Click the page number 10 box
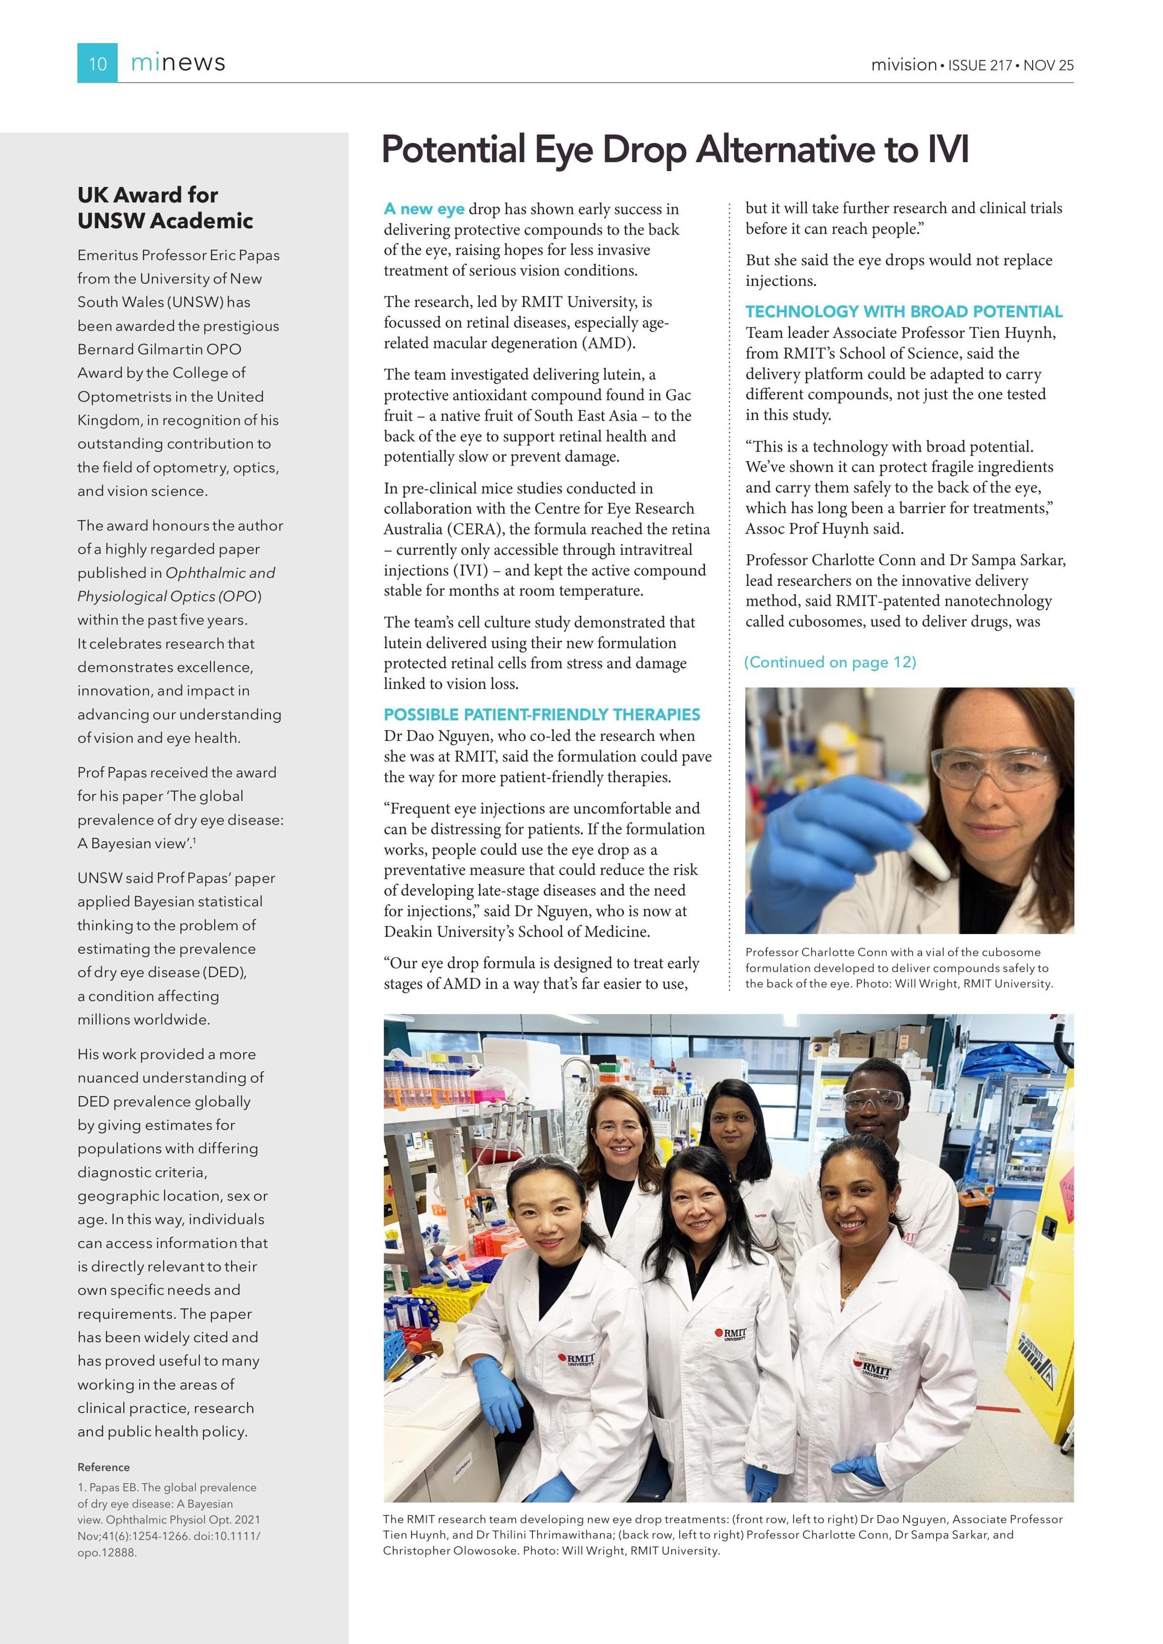click(x=97, y=63)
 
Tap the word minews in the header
click(x=178, y=63)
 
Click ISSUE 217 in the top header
click(x=980, y=65)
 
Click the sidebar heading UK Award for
click(x=147, y=195)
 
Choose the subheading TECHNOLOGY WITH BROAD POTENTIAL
click(x=904, y=312)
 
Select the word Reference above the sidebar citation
click(x=103, y=1467)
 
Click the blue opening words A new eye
click(x=424, y=209)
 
